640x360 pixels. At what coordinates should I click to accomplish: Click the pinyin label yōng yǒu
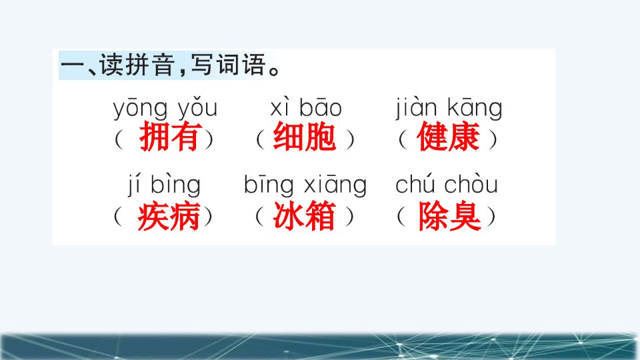165,108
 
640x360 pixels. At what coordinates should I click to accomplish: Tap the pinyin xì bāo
306,108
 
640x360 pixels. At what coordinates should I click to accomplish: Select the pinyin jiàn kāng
449,108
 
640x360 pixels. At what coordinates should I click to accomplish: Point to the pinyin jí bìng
164,185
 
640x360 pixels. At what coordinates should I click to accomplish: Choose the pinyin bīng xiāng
305,185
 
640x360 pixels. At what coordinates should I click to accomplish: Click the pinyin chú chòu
447,185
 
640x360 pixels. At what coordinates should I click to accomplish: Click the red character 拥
154,137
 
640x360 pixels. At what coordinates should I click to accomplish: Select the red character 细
289,136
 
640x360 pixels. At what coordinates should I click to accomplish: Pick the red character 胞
321,136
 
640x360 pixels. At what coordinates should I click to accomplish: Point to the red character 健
432,136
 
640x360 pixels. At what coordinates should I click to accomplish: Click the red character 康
464,136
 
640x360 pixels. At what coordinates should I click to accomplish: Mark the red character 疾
153,216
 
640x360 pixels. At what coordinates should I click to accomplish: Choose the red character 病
185,216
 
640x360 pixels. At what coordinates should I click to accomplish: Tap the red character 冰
289,215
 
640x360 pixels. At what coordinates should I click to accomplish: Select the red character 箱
321,215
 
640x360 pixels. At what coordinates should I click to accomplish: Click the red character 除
433,216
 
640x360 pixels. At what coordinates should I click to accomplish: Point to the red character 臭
465,216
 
